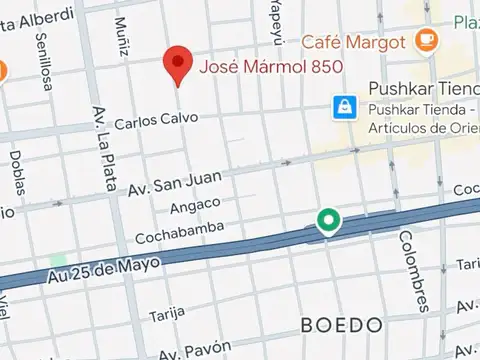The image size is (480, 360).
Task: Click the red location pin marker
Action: click(178, 65)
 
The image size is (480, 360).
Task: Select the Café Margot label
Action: click(355, 42)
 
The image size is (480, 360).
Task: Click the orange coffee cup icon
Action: click(427, 39)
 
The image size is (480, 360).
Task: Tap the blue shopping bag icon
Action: click(344, 105)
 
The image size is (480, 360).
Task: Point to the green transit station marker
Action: click(327, 221)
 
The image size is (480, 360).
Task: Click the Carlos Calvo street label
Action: click(151, 123)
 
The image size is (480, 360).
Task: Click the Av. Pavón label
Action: click(188, 351)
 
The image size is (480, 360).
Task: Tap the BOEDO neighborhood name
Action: click(342, 326)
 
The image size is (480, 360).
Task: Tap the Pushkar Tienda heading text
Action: click(419, 89)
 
